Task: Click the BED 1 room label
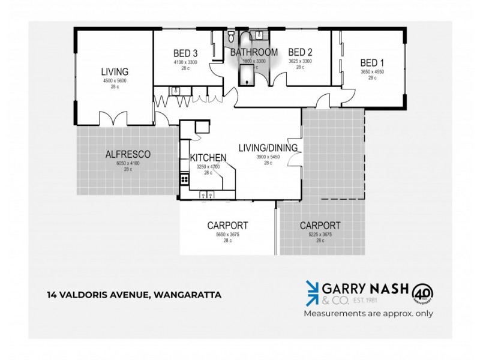[x=372, y=62]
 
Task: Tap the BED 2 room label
[x=300, y=52]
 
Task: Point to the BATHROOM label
[x=254, y=52]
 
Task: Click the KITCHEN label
[x=208, y=158]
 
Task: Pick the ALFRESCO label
[x=127, y=154]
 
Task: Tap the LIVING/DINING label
[x=268, y=148]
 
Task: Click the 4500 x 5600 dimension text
[x=115, y=80]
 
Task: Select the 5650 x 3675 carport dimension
[x=227, y=235]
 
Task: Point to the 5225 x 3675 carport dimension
[x=320, y=235]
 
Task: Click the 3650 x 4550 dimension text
[x=372, y=71]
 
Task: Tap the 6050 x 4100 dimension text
[x=127, y=163]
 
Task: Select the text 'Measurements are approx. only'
[x=368, y=313]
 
